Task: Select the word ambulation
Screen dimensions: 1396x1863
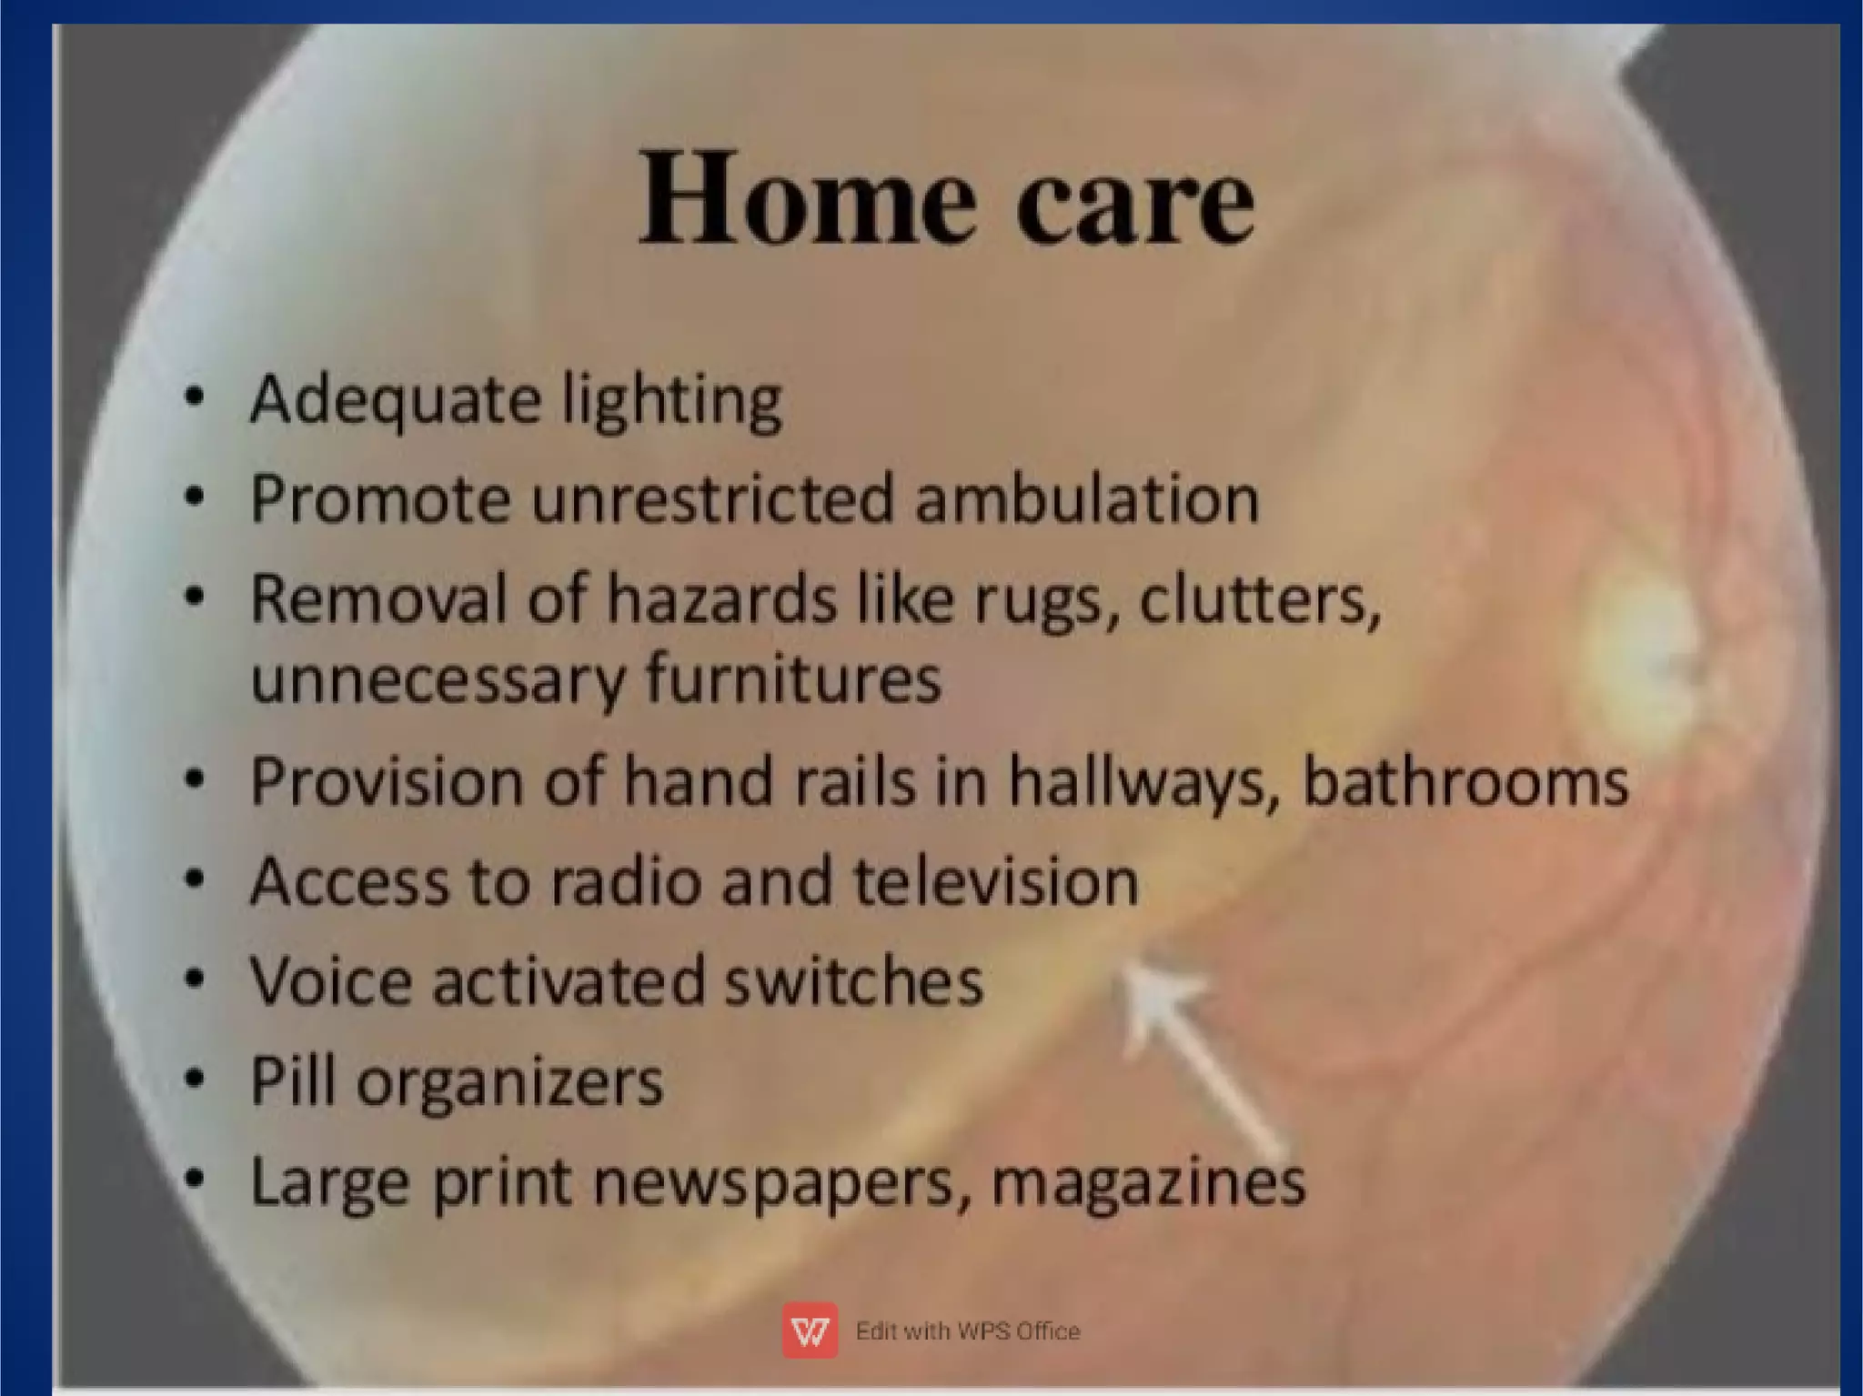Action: tap(1087, 499)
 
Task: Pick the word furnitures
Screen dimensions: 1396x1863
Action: tap(793, 680)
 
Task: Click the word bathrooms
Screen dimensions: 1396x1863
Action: tap(1465, 782)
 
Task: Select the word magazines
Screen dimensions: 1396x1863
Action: tap(1148, 1183)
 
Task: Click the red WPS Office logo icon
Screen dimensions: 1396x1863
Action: tap(810, 1331)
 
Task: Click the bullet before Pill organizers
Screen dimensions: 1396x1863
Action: tap(194, 1080)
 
